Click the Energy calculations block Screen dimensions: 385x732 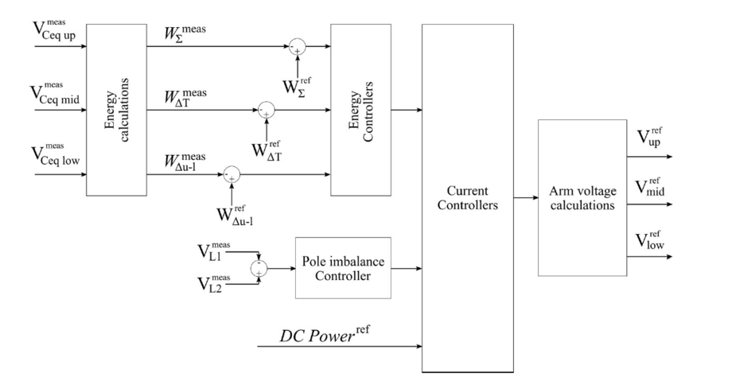(x=115, y=109)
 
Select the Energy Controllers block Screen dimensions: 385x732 (x=360, y=109)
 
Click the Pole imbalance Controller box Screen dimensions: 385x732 (x=343, y=268)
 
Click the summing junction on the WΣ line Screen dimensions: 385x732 (x=297, y=46)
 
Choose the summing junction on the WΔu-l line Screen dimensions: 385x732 (x=232, y=173)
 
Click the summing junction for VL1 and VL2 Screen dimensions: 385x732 (x=259, y=268)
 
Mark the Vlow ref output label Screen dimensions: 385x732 (x=649, y=241)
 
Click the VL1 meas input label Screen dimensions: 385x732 (x=215, y=253)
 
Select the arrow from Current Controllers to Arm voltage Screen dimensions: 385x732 (x=522, y=198)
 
